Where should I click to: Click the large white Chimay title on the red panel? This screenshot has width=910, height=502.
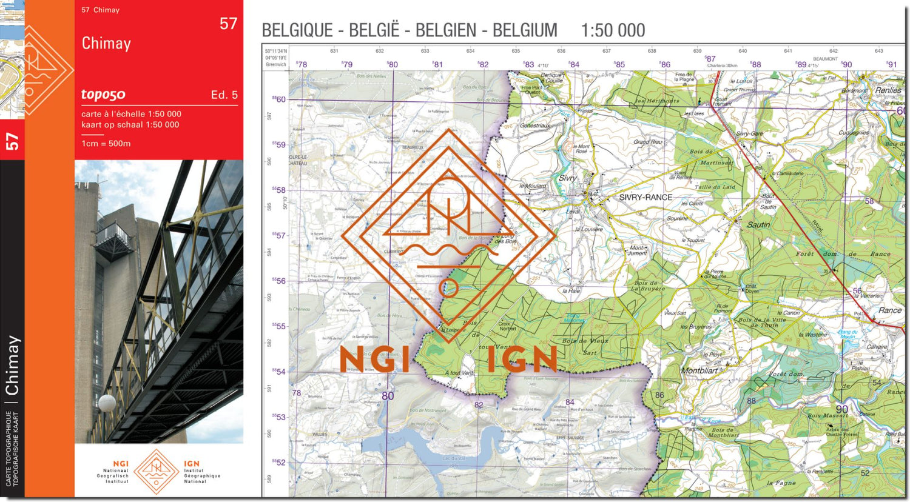click(106, 44)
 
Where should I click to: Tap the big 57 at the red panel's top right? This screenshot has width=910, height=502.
click(228, 24)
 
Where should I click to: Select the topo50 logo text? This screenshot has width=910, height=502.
click(103, 94)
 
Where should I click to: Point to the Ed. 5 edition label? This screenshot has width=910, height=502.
click(224, 95)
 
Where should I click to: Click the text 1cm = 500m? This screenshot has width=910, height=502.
click(106, 144)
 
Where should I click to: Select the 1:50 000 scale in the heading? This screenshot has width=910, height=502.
click(613, 30)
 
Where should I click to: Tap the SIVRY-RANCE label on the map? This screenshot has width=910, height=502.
click(645, 198)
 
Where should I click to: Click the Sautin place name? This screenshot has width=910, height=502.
click(758, 225)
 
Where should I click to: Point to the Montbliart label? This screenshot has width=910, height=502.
click(699, 370)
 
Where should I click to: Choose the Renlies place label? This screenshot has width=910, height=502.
click(888, 90)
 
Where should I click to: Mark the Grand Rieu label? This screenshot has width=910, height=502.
click(648, 142)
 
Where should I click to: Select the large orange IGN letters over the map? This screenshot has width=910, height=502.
click(522, 360)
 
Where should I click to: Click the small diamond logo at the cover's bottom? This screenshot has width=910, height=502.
click(157, 471)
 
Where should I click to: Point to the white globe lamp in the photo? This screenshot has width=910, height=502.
click(107, 403)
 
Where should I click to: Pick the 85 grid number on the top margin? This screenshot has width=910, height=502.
click(619, 64)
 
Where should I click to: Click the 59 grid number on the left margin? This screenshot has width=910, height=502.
click(279, 145)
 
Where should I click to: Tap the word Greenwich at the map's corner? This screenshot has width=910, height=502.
click(276, 64)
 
